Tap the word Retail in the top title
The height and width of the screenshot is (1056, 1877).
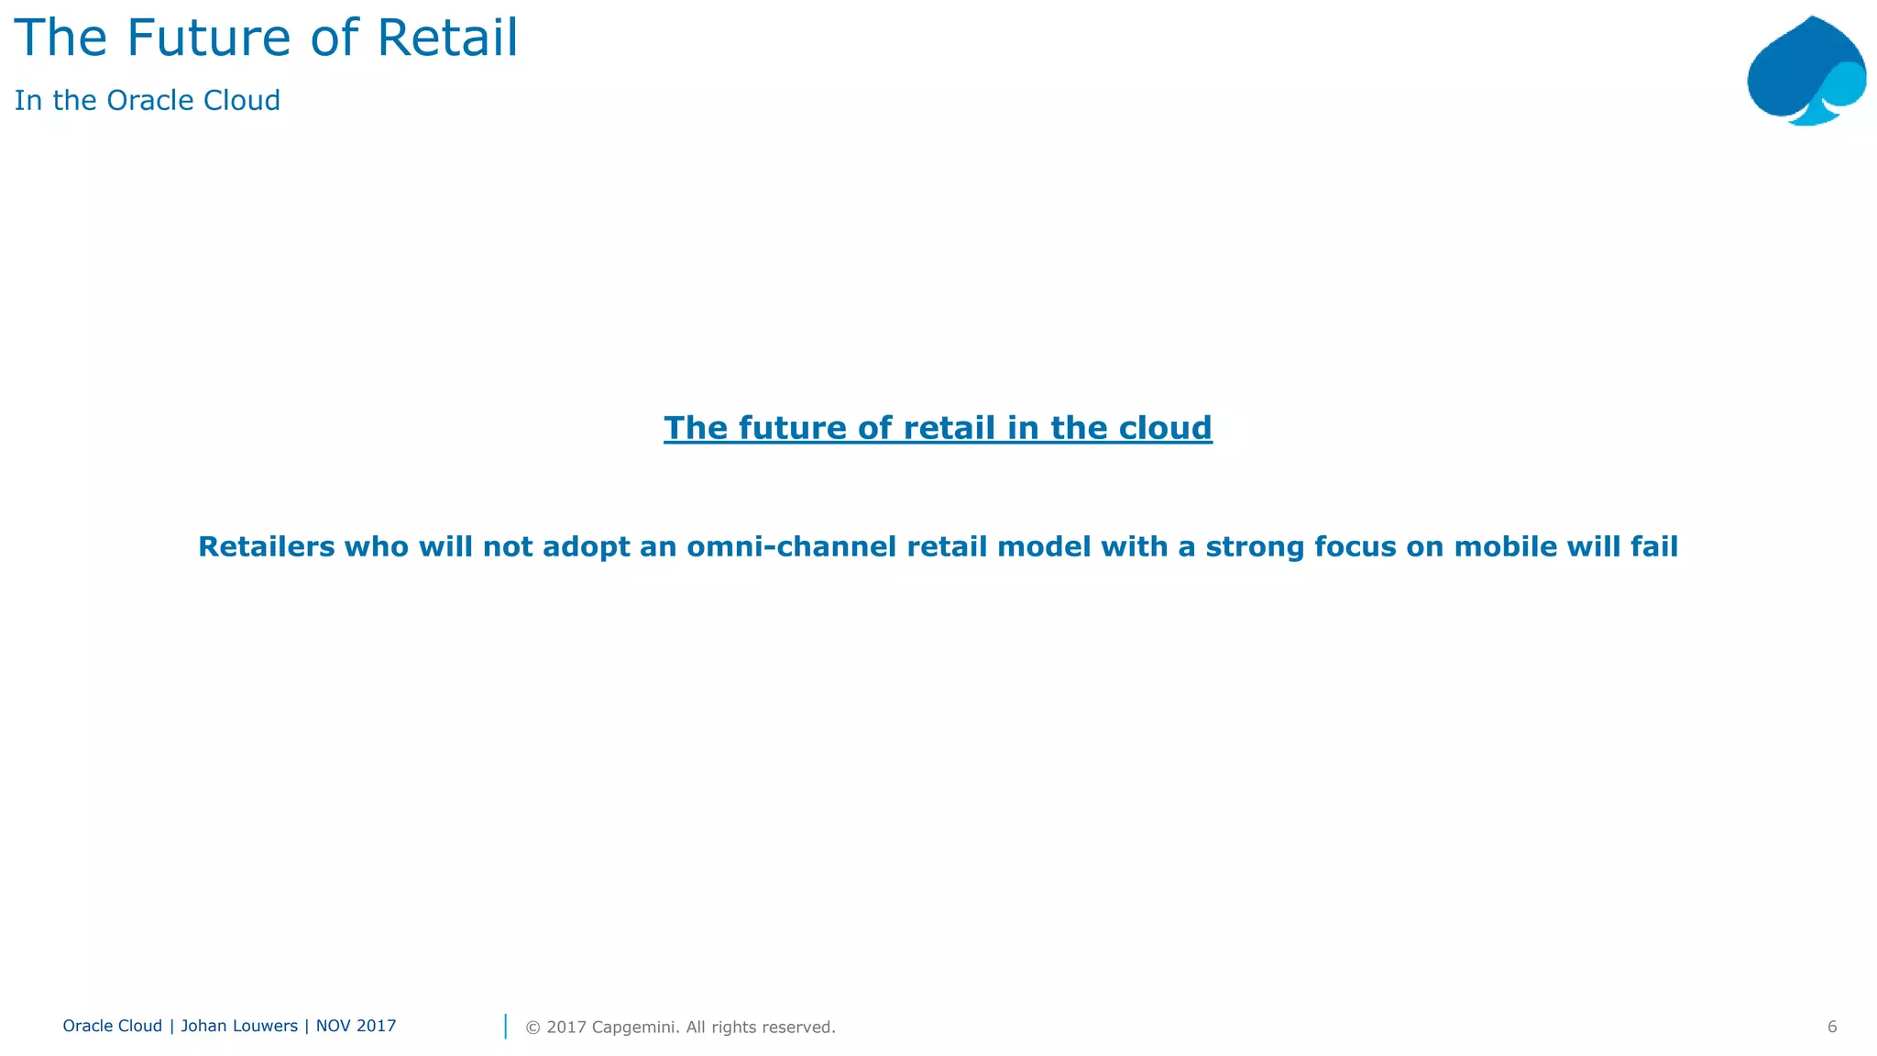tap(447, 38)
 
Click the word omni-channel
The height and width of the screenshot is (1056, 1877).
tap(791, 547)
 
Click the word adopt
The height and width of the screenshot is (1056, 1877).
tap(583, 547)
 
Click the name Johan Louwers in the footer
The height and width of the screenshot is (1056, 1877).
tap(239, 1027)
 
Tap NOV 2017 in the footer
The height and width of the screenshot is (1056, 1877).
tap(356, 1027)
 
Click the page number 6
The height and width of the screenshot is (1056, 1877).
tap(1831, 1028)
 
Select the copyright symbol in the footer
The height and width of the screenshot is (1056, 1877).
tap(532, 1028)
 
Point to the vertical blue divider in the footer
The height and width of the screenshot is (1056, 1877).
tap(505, 1027)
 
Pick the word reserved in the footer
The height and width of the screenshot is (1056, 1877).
tap(797, 1028)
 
